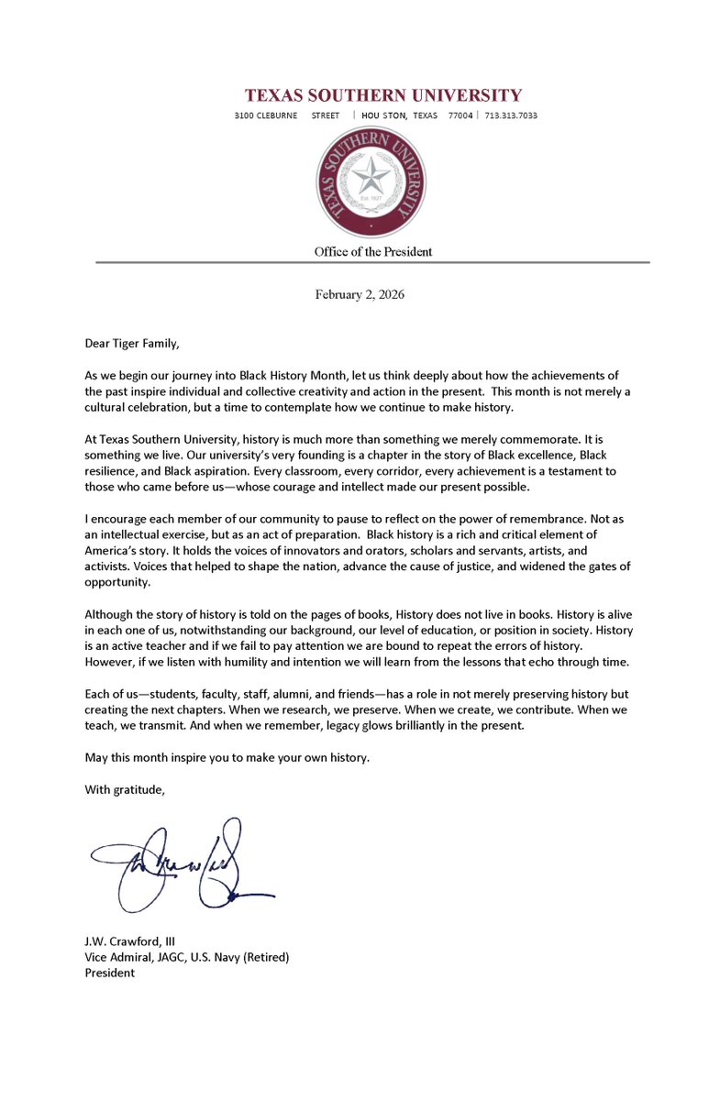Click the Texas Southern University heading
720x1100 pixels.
382,95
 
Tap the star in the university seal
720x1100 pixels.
371,176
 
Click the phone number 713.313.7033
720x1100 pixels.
510,115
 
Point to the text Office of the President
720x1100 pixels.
372,251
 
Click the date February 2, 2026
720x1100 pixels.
360,295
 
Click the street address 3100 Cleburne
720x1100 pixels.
266,115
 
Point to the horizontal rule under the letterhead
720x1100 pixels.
372,263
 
